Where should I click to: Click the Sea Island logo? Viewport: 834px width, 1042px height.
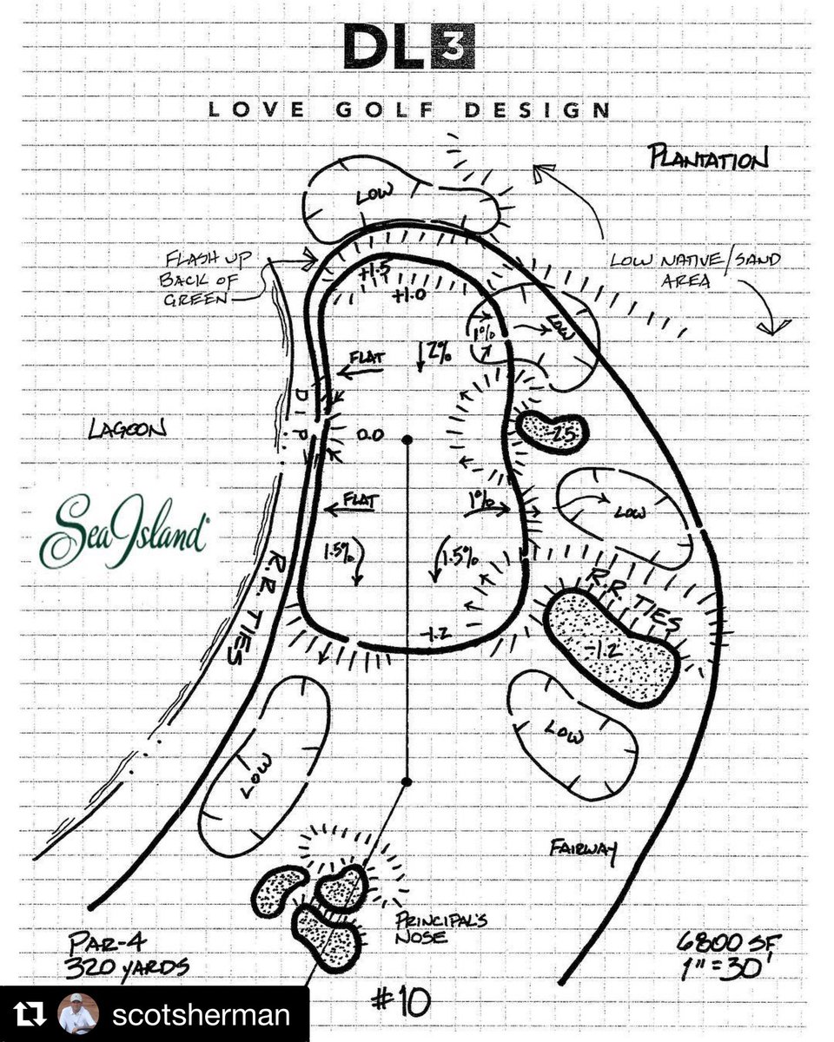pos(122,531)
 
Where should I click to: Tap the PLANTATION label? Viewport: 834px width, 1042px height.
pos(708,159)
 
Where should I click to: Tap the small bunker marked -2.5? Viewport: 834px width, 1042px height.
pos(553,430)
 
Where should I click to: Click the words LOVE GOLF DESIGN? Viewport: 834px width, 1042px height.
pos(408,110)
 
